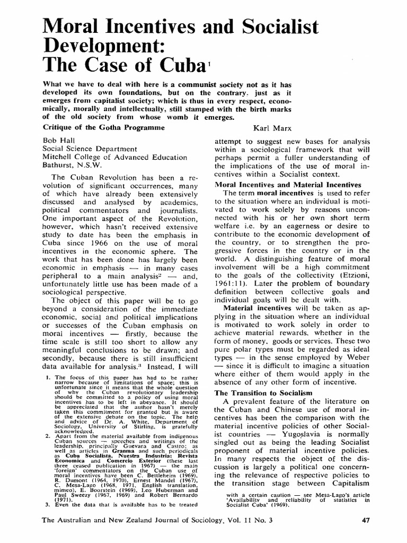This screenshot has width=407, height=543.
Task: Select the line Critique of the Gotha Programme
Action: (x=101, y=128)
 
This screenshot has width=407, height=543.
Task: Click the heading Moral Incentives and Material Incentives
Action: (x=287, y=185)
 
